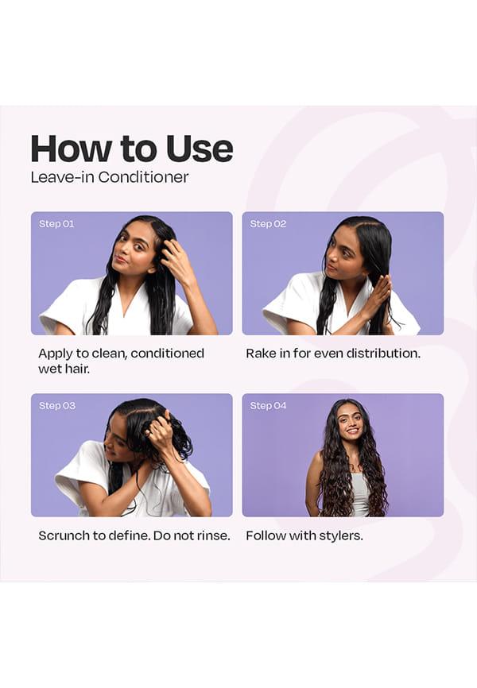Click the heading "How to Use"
[132, 149]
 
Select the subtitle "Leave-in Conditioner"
[110, 177]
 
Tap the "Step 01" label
[56, 224]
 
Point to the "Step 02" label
[268, 224]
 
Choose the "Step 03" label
[57, 405]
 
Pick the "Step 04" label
[268, 405]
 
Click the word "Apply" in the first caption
[53, 354]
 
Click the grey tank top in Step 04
[360, 494]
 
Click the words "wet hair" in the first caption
[64, 369]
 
